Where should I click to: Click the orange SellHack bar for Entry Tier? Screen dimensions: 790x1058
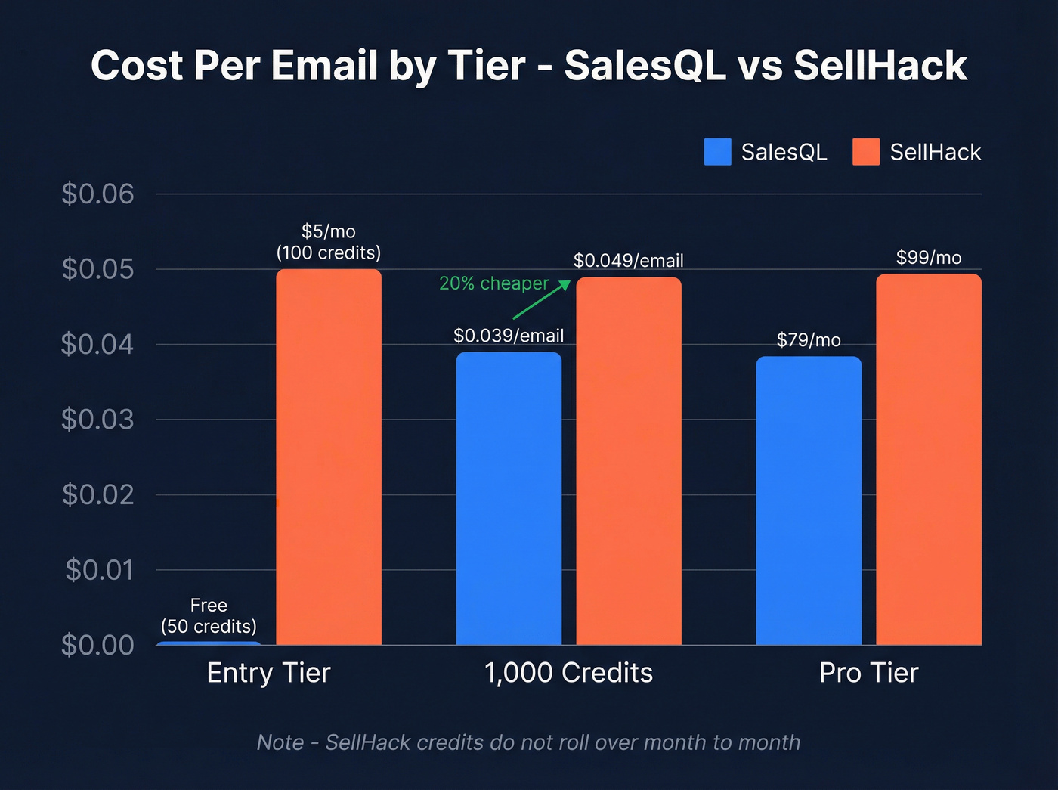tap(329, 457)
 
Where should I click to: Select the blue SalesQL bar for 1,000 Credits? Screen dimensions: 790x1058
tap(509, 498)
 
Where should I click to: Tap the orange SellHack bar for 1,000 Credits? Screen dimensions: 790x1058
tap(629, 460)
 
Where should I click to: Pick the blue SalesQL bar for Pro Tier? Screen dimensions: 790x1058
tap(809, 500)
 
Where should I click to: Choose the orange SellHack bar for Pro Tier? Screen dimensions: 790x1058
tap(929, 459)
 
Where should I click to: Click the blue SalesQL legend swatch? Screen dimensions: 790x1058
tap(717, 152)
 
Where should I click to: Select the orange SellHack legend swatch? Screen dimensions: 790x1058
tap(866, 152)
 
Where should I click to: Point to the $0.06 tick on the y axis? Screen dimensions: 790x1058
tap(97, 194)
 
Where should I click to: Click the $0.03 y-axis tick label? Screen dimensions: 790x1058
tap(97, 420)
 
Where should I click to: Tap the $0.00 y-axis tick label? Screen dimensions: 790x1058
tap(97, 645)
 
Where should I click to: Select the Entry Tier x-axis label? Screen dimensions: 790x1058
tap(268, 673)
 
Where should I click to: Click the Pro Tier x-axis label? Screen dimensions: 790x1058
tap(868, 673)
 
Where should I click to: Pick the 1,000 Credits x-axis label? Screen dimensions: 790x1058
tap(568, 673)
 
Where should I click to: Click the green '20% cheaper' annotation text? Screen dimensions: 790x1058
tap(493, 283)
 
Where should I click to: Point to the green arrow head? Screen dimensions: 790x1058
tap(565, 284)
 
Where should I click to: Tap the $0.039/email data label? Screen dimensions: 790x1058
tap(509, 336)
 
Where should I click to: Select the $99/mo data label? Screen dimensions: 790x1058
tap(929, 258)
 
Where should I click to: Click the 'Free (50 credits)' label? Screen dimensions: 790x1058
tap(209, 616)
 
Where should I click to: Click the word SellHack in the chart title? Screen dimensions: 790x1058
tap(880, 66)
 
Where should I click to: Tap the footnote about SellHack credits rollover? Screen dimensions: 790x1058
tap(528, 742)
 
